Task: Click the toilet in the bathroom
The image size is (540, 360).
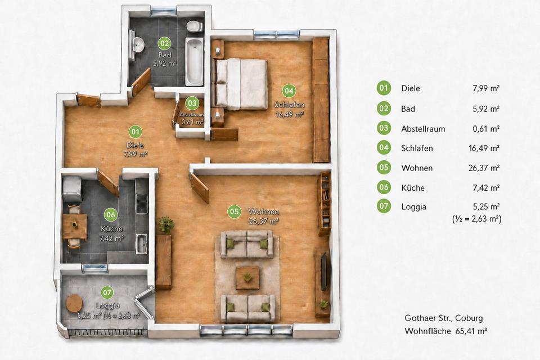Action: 194,26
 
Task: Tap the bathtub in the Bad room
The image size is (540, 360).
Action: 194,62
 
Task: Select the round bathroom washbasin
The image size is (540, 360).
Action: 138,44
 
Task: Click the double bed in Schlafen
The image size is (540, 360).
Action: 241,84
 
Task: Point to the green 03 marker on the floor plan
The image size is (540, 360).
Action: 192,103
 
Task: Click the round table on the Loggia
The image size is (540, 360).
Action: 74,303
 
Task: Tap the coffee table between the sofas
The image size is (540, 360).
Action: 247,277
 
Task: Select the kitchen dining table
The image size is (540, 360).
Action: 74,226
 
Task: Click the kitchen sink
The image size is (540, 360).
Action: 142,244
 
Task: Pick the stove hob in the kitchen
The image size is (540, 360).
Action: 142,203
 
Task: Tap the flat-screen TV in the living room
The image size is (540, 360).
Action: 324,271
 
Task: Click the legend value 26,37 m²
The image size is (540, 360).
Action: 484,168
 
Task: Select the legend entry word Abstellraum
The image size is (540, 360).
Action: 423,129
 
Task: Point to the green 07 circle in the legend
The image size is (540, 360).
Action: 384,206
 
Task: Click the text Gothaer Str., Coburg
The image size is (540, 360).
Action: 444,318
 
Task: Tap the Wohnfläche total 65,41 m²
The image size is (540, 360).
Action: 471,331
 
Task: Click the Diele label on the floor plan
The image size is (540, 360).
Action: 135,145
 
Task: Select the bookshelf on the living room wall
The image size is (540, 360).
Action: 325,204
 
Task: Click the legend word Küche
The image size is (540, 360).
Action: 412,188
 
